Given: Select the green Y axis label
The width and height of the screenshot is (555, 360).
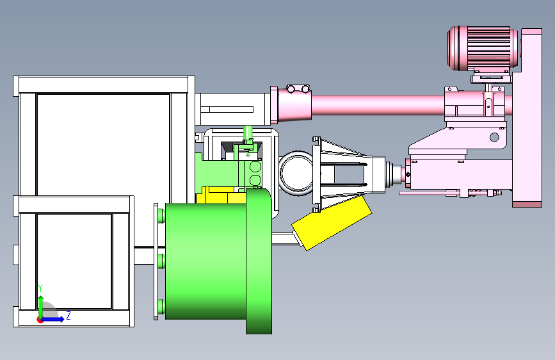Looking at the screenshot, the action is (40, 288).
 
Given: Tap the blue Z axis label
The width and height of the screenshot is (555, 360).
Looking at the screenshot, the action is (68, 315).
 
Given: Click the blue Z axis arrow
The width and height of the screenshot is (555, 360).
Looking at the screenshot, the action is (53, 319).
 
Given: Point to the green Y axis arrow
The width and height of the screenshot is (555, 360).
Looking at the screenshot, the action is (41, 307).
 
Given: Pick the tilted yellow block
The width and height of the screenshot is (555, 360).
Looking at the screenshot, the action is (332, 223).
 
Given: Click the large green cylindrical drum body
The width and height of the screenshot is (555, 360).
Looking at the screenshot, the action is (205, 261).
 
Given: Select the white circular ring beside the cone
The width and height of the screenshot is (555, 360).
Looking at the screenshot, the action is (296, 173).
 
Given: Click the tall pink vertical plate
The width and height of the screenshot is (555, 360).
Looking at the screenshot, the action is (527, 118).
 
